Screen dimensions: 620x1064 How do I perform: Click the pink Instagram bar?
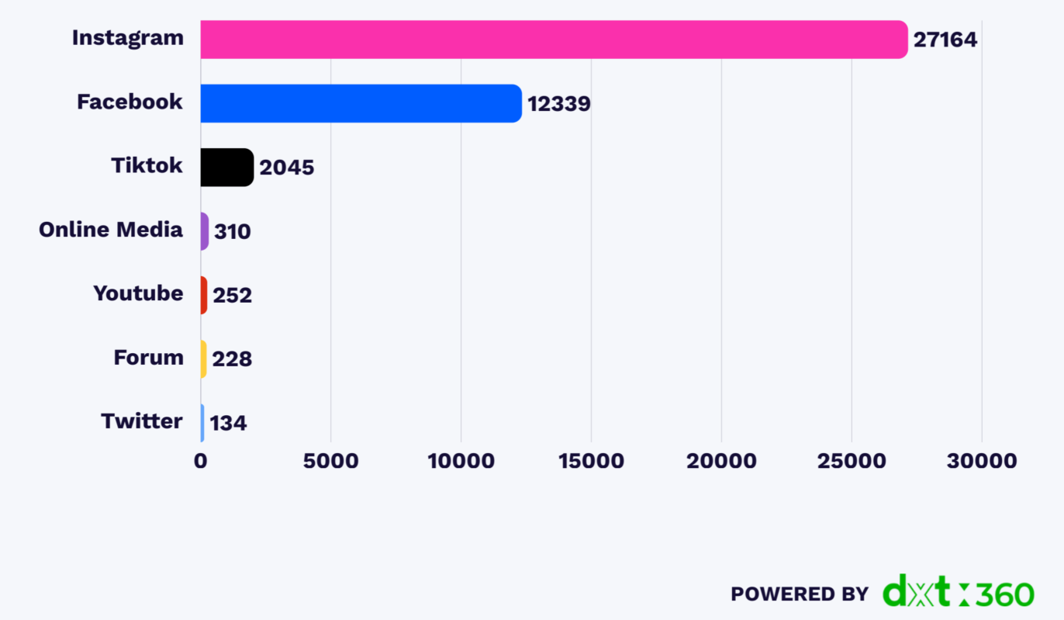(x=554, y=40)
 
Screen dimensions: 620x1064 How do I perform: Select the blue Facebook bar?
(x=361, y=103)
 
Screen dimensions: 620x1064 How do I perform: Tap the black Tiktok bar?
(x=226, y=167)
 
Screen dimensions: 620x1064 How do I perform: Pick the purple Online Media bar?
(x=205, y=231)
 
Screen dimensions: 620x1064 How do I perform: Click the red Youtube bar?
(x=204, y=295)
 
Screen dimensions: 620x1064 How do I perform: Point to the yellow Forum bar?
(x=204, y=358)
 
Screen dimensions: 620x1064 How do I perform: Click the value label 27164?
(x=945, y=40)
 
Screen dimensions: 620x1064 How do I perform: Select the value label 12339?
(x=558, y=103)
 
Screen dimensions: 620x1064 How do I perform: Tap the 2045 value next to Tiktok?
(x=286, y=168)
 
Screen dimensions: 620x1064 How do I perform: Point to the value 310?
(x=232, y=231)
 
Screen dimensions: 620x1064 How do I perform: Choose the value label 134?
(x=228, y=423)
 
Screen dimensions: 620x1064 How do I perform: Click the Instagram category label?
(x=128, y=37)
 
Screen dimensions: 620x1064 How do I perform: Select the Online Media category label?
(x=111, y=230)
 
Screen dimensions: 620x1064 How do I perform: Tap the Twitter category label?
(x=142, y=421)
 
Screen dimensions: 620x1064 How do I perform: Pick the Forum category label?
(x=148, y=358)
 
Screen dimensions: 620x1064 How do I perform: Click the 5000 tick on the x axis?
(x=330, y=461)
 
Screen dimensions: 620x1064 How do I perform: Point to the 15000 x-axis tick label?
(x=591, y=461)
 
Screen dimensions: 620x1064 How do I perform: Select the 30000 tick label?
(x=981, y=461)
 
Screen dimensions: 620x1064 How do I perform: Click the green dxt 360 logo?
(x=959, y=591)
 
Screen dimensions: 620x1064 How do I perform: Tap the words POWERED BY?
(x=799, y=594)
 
